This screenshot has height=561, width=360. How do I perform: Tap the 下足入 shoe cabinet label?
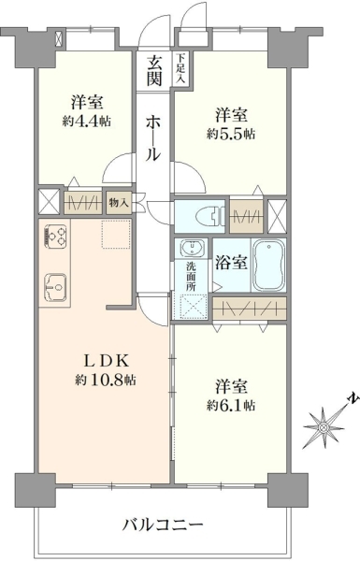[x=180, y=68]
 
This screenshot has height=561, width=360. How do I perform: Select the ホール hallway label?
[x=152, y=138]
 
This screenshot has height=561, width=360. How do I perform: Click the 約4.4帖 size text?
[x=87, y=122]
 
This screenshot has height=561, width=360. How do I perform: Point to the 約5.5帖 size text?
[x=231, y=134]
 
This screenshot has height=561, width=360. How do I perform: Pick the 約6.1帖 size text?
[x=231, y=405]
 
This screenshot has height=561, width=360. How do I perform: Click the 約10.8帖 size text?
[x=106, y=380]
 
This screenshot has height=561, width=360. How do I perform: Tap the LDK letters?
[x=106, y=361]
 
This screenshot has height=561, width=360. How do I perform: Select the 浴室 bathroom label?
[x=231, y=263]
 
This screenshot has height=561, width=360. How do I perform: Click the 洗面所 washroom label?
[x=191, y=276]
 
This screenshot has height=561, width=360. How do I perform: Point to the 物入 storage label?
[x=119, y=203]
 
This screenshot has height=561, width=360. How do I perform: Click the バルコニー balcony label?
[x=163, y=525]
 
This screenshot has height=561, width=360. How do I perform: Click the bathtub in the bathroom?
[x=268, y=265]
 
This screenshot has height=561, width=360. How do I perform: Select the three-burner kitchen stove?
[x=55, y=237]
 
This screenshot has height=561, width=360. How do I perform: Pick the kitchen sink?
[x=55, y=287]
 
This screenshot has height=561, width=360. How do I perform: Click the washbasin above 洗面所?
[x=193, y=248]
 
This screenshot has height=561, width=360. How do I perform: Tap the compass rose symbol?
[x=324, y=427]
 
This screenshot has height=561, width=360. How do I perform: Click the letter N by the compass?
[x=354, y=398]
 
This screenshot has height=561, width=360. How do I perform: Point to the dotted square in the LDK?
[x=116, y=234]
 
